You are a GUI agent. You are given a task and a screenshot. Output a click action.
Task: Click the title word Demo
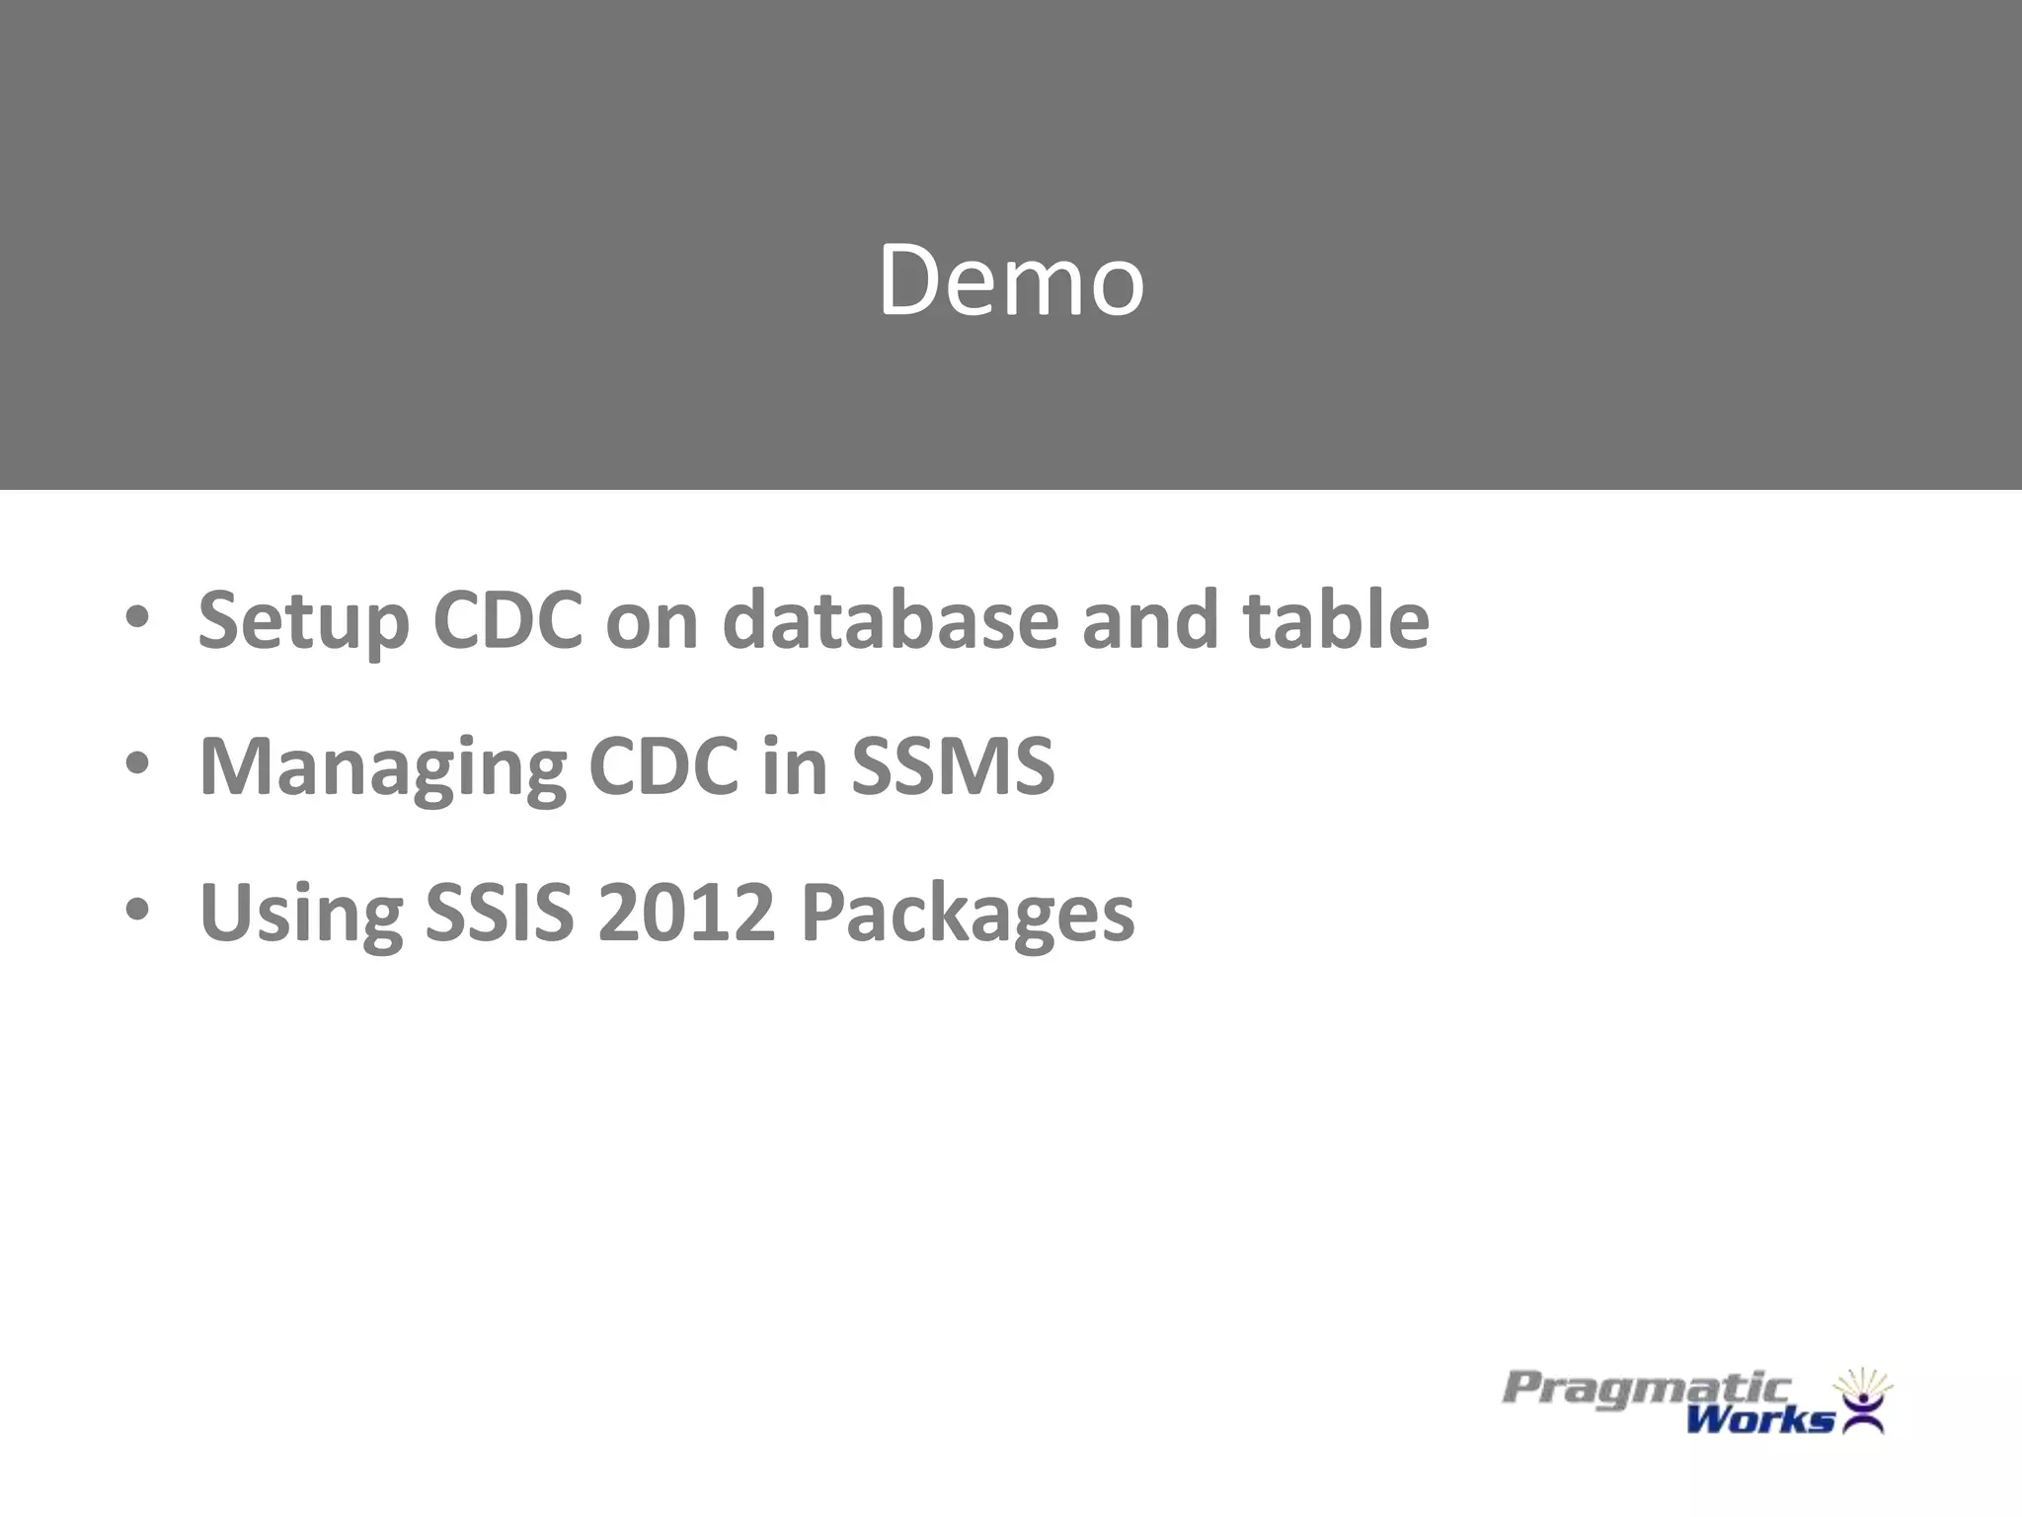click(x=1011, y=280)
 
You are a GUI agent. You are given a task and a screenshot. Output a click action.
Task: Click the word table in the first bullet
click(x=1336, y=620)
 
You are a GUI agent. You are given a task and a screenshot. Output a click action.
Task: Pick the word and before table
click(x=1150, y=620)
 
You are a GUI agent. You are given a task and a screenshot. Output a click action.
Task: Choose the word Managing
click(x=382, y=768)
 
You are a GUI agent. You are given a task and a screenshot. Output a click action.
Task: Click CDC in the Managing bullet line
click(x=662, y=766)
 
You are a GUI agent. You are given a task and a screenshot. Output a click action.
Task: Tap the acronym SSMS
click(x=953, y=766)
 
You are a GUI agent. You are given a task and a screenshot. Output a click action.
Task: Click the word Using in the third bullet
click(x=300, y=915)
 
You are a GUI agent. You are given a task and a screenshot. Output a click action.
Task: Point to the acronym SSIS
click(x=499, y=913)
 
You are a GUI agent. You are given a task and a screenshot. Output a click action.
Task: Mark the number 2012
click(x=686, y=913)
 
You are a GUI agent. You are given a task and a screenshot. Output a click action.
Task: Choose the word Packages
click(x=968, y=915)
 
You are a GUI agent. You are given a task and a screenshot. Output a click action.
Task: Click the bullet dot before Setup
click(x=137, y=618)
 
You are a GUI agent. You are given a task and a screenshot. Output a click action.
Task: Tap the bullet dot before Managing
click(x=137, y=764)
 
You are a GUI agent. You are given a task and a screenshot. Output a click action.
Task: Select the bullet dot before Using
click(x=137, y=911)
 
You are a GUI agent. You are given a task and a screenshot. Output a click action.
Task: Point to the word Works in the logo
click(x=1759, y=1420)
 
